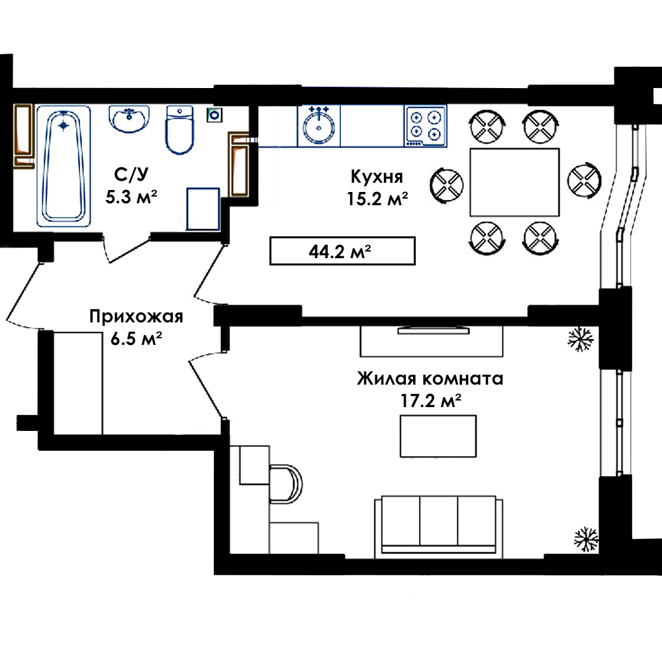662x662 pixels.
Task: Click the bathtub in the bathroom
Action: tap(64, 166)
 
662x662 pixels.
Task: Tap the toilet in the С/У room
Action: tap(180, 130)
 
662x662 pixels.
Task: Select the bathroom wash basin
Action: tap(129, 118)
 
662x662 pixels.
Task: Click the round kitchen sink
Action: tap(319, 126)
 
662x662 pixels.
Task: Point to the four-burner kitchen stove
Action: tap(425, 126)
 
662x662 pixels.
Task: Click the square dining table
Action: tap(514, 182)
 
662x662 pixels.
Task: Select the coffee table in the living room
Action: tap(438, 436)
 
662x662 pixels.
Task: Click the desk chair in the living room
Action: tap(286, 484)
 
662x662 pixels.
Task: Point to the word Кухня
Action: tap(377, 177)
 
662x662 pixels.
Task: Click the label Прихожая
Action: tap(136, 316)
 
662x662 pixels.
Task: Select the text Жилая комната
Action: tap(430, 378)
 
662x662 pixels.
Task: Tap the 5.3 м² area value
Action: tap(131, 197)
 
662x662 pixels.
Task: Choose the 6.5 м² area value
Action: tap(136, 338)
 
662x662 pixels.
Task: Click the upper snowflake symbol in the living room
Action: tap(581, 338)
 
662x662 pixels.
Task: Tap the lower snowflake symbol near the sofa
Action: tap(586, 539)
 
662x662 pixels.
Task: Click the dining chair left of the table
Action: tap(447, 185)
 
